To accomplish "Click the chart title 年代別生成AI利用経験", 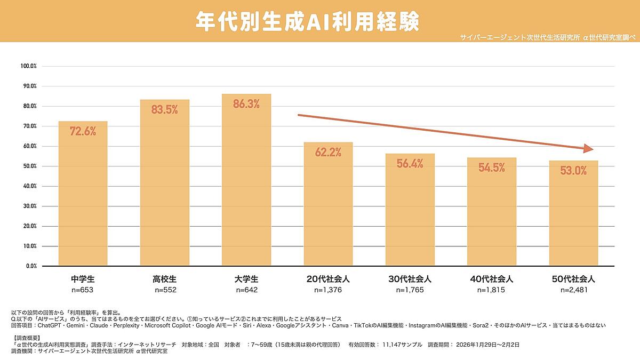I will click(x=307, y=21).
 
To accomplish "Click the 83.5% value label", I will click(x=164, y=110).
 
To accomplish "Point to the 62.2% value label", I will click(x=328, y=153).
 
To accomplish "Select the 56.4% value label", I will click(x=410, y=164).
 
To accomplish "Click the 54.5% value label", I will click(x=491, y=167).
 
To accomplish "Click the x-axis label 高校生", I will click(x=164, y=279).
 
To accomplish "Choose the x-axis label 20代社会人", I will click(x=328, y=279).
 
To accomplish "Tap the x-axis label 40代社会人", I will click(x=491, y=279).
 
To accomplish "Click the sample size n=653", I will click(x=83, y=290).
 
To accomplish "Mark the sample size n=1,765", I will click(x=410, y=290).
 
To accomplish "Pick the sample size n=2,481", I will click(x=573, y=290).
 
